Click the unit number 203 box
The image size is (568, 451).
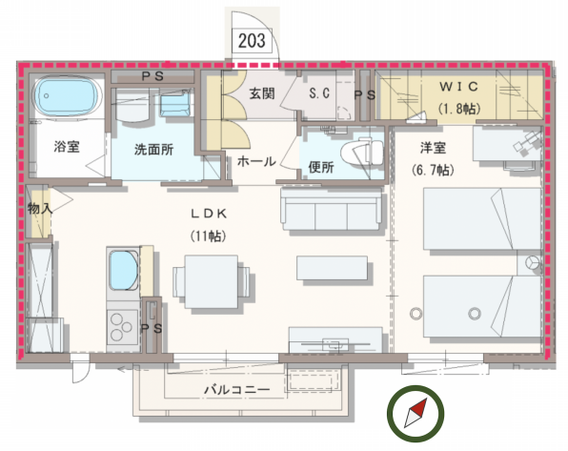coord(252,42)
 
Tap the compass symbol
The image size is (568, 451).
coord(416,413)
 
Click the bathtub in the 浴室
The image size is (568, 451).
coord(68,98)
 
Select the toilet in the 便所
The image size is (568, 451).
coord(365,153)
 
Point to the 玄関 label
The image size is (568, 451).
coord(262,94)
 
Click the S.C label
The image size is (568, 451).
coord(319,94)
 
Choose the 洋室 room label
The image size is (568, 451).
coord(435,150)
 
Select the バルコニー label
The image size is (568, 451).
coord(236,390)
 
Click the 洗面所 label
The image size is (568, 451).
coord(152,150)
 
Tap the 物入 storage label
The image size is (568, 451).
coord(38,207)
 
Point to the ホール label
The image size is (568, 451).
coord(256,161)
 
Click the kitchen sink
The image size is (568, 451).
coord(124,270)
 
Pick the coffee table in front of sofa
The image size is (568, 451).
coord(333,268)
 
